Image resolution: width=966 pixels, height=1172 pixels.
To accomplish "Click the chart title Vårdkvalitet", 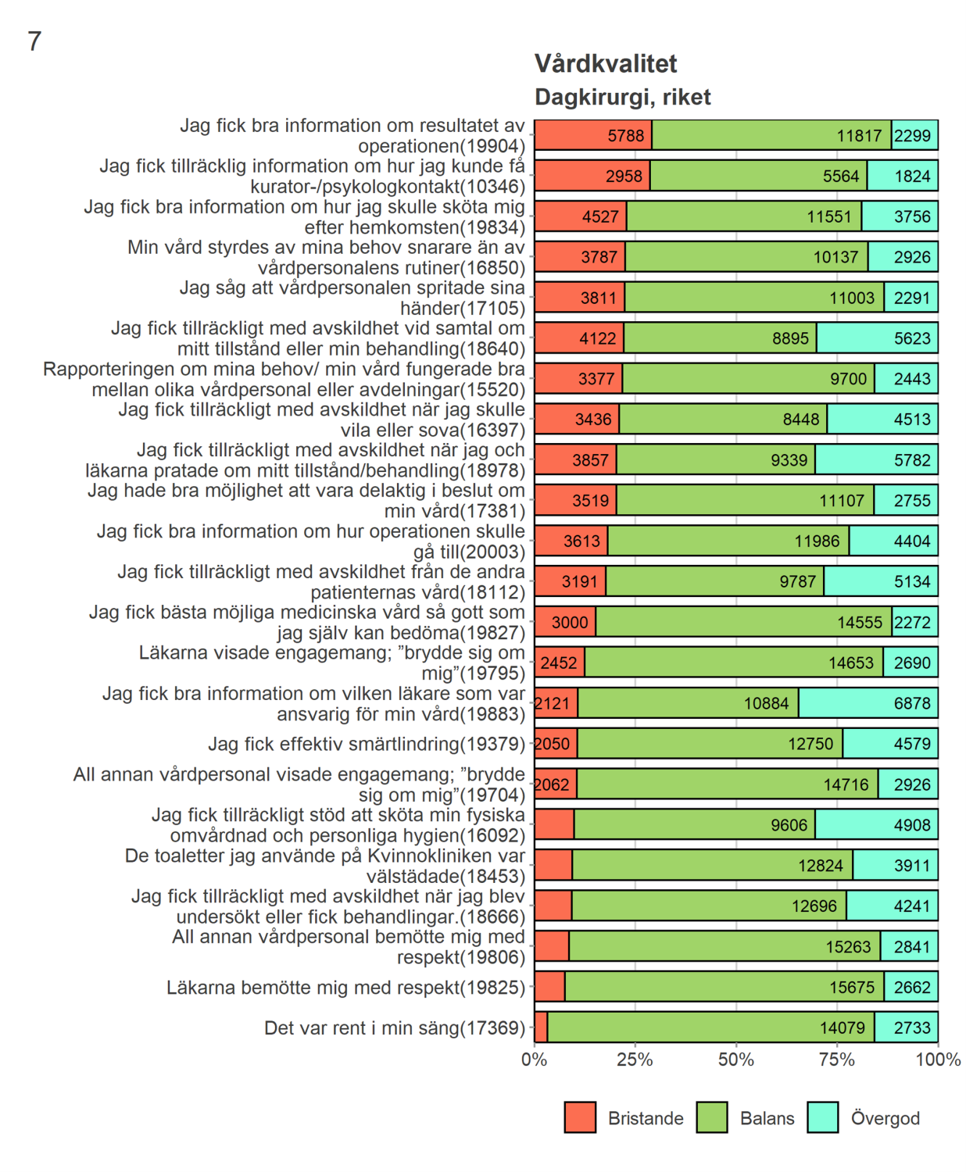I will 605,64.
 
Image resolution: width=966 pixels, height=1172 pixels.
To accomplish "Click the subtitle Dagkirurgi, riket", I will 622,97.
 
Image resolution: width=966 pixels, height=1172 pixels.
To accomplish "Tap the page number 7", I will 34,41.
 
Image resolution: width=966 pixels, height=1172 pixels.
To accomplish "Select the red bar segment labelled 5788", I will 593,135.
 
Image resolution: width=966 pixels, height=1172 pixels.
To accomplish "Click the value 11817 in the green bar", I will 858,136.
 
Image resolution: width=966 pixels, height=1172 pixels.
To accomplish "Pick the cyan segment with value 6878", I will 868,703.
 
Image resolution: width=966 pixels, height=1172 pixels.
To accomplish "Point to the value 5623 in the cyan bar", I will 912,338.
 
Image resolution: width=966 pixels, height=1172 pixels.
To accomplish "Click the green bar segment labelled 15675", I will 724,987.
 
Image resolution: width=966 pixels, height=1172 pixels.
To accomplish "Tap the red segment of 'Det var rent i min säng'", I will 541,1027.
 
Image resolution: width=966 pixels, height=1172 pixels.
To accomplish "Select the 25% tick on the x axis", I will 635,1059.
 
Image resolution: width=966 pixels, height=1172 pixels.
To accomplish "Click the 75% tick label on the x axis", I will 837,1059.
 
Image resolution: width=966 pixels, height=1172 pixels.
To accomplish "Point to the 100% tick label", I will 938,1059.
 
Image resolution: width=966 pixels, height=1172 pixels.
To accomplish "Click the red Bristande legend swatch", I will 580,1117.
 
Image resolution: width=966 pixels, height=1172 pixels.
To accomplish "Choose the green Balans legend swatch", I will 711,1117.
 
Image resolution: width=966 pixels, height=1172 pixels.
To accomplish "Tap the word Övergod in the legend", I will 885,1118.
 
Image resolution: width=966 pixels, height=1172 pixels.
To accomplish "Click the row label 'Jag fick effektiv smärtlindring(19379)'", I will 366,744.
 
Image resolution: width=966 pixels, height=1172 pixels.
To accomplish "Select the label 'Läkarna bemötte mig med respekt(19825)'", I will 345,988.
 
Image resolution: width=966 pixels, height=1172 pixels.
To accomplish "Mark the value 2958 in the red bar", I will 623,177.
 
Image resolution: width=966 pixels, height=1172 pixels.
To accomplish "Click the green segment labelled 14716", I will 727,784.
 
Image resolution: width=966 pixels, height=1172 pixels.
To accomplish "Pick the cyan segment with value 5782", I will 875,460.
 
